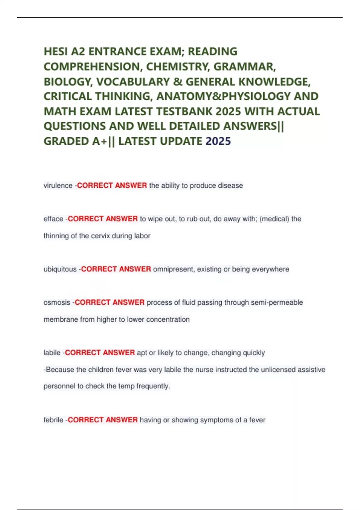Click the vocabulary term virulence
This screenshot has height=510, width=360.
tap(58, 186)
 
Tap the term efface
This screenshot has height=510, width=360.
tap(53, 219)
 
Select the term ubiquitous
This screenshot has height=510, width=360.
tap(60, 269)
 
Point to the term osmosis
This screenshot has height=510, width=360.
tap(57, 302)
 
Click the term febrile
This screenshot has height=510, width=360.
tap(53, 420)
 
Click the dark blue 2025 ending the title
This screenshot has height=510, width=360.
tap(218, 141)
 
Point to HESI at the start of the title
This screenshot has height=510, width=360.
tap(55, 52)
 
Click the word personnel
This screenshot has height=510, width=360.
tap(59, 386)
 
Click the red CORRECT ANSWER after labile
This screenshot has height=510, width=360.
tap(100, 353)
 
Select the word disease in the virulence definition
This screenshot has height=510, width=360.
tap(230, 186)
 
